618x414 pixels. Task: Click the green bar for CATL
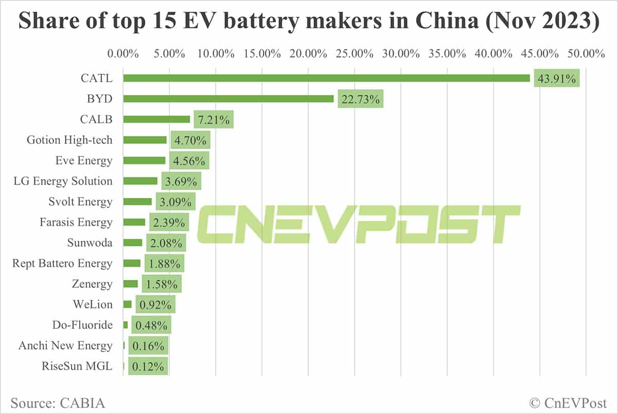pos(327,78)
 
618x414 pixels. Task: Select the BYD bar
pos(228,98)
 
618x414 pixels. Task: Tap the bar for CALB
pos(157,119)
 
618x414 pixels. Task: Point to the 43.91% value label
pos(557,78)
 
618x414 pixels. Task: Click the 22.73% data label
pos(360,99)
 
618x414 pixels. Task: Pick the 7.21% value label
pos(214,120)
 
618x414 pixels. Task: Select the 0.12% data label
pos(148,367)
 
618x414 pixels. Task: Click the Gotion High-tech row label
pos(70,140)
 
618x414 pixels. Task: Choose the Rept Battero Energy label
pos(62,263)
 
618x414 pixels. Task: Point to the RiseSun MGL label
pos(77,367)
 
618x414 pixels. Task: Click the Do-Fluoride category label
pos(82,325)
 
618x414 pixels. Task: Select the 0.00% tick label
pos(123,54)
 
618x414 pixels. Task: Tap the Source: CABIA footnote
pos(57,402)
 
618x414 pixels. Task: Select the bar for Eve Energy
pos(144,160)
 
